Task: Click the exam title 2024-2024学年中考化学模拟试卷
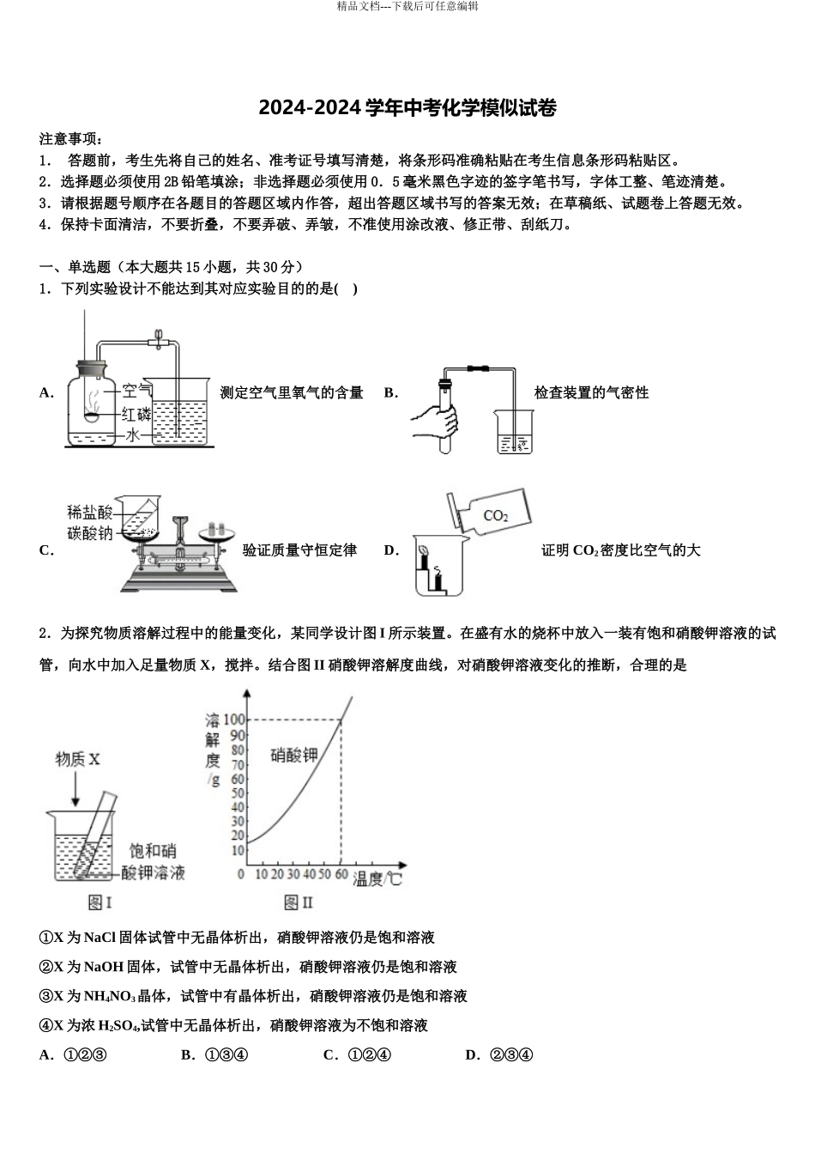407,109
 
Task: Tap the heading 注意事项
70,139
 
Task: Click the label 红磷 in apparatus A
136,414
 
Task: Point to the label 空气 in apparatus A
136,392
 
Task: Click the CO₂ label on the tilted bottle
496,516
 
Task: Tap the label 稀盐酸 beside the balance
90,513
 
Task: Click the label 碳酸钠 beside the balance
90,533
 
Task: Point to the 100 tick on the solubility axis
233,720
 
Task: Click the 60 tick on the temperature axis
341,874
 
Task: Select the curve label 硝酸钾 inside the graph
294,756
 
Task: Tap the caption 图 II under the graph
299,902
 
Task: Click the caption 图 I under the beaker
101,902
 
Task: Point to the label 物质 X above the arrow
78,759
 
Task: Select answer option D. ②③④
499,1055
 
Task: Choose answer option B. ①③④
214,1055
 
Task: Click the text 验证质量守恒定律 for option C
299,550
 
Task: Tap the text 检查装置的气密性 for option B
591,393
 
